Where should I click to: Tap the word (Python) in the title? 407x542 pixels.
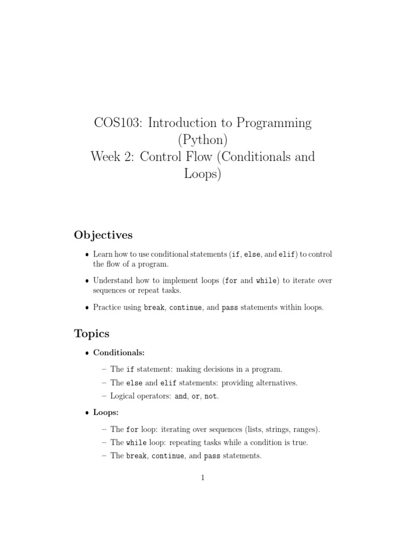coord(203,140)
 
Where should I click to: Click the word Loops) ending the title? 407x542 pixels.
coord(202,174)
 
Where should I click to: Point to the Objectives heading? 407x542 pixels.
coord(103,234)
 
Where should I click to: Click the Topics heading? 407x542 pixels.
coord(92,333)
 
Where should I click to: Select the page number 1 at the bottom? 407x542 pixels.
coord(203,477)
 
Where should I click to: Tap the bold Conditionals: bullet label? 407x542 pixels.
coord(116,351)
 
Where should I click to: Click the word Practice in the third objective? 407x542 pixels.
coord(108,307)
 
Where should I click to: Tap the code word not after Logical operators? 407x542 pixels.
coord(210,396)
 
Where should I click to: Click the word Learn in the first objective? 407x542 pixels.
coord(103,255)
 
